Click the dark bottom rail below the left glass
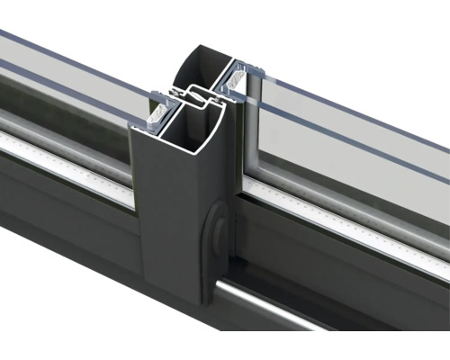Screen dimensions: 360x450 (x=63, y=207)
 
